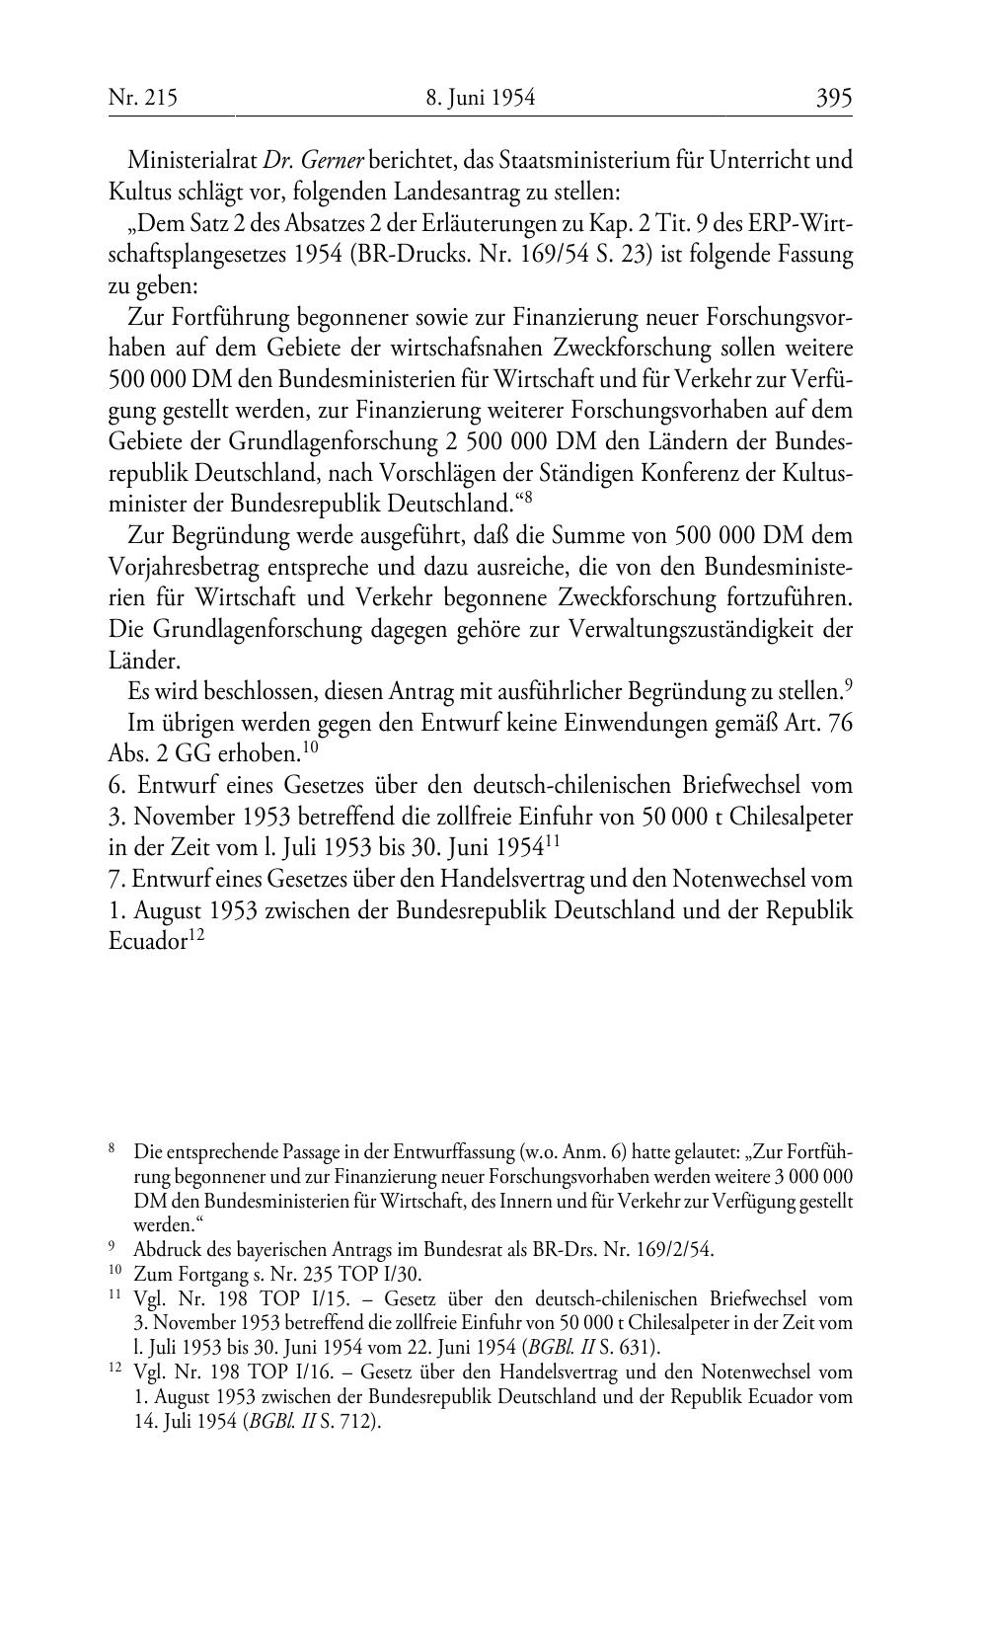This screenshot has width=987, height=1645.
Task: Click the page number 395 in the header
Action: (x=833, y=98)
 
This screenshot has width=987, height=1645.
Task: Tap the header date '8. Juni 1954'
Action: (x=481, y=98)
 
